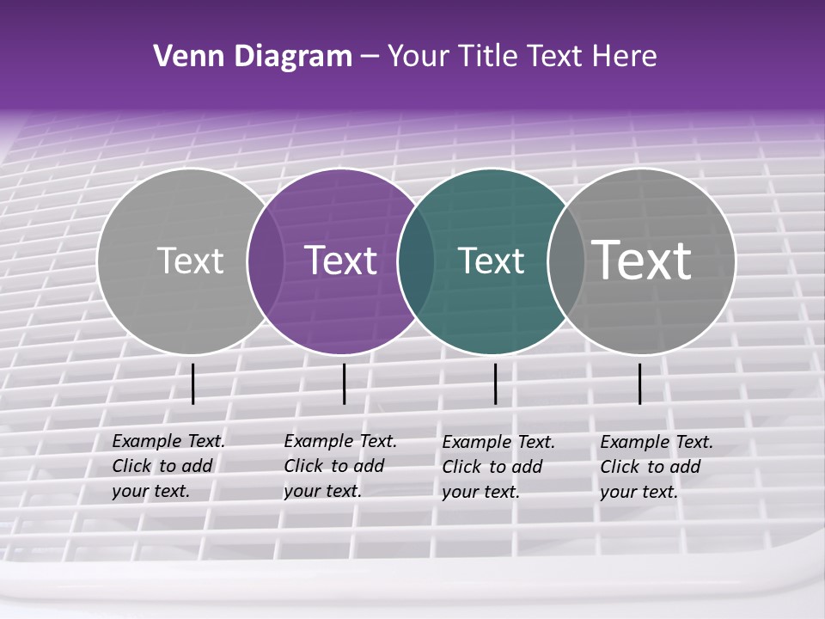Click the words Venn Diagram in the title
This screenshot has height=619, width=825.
(253, 57)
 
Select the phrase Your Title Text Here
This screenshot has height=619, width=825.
(522, 57)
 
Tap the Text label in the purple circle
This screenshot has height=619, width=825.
(341, 260)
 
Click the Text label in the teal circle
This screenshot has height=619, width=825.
(492, 260)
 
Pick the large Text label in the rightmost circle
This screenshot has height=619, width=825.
(642, 260)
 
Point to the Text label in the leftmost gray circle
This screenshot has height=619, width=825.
(190, 260)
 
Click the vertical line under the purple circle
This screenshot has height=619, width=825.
(344, 383)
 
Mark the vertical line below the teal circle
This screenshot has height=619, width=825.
(495, 383)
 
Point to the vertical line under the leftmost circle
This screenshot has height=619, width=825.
(192, 383)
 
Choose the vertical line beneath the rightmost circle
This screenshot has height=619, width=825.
(640, 383)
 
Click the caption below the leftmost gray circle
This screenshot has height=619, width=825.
(168, 466)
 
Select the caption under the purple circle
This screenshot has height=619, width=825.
(340, 466)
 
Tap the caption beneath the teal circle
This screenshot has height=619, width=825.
(498, 467)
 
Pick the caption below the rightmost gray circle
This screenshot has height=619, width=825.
(657, 467)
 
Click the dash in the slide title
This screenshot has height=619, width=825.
(370, 57)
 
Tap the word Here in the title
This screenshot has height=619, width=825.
(627, 57)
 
